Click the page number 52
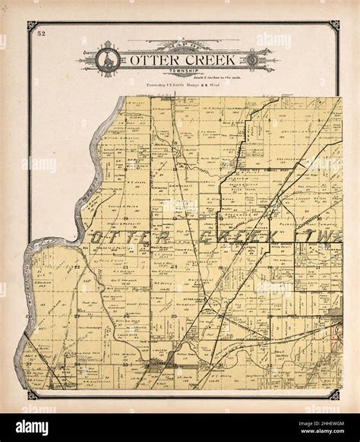(41, 34)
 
